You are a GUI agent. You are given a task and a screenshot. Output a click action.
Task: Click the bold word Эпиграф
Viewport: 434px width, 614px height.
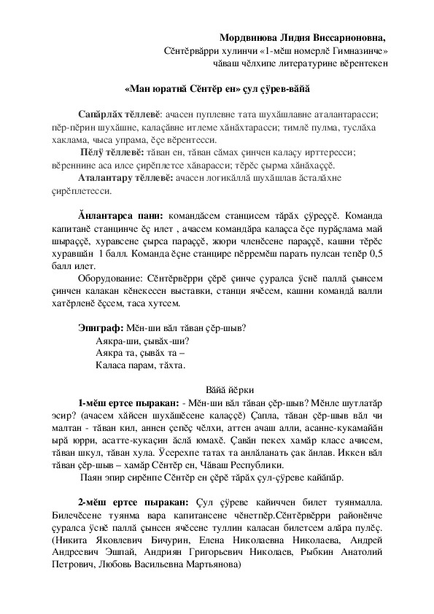[x=101, y=327]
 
